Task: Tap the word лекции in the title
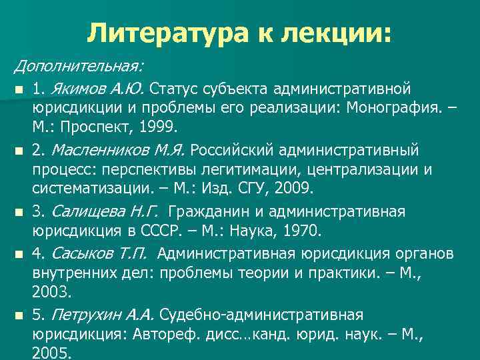click(328, 32)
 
